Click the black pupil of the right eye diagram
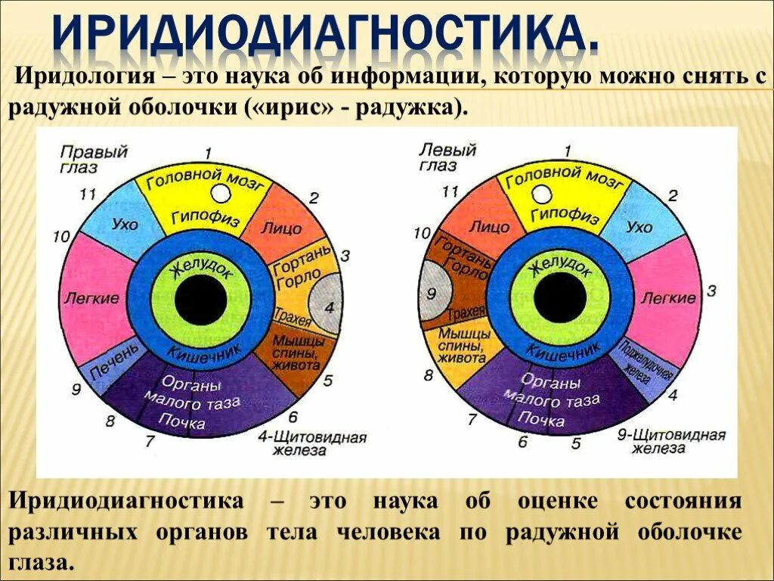click(201, 300)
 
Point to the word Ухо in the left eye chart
click(639, 226)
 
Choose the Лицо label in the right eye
click(281, 228)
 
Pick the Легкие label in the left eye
click(668, 298)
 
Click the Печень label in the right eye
click(114, 362)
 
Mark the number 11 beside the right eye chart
click(87, 194)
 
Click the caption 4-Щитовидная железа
click(311, 444)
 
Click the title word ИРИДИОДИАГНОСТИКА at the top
click(324, 33)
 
